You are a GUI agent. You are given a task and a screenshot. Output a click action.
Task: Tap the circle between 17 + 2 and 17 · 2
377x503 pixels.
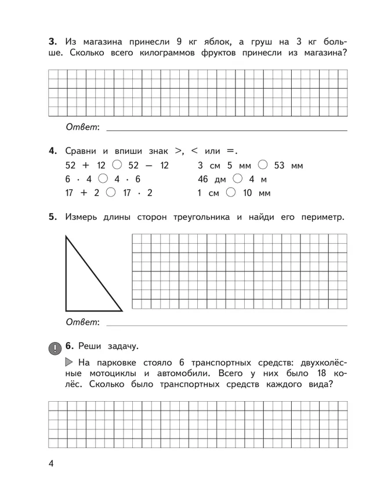tap(111, 193)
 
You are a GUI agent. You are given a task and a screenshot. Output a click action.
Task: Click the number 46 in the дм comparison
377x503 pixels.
tap(204, 179)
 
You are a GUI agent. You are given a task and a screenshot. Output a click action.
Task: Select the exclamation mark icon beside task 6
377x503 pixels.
tap(53, 348)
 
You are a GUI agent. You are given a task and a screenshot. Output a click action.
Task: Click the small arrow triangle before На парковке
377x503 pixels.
tap(69, 363)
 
